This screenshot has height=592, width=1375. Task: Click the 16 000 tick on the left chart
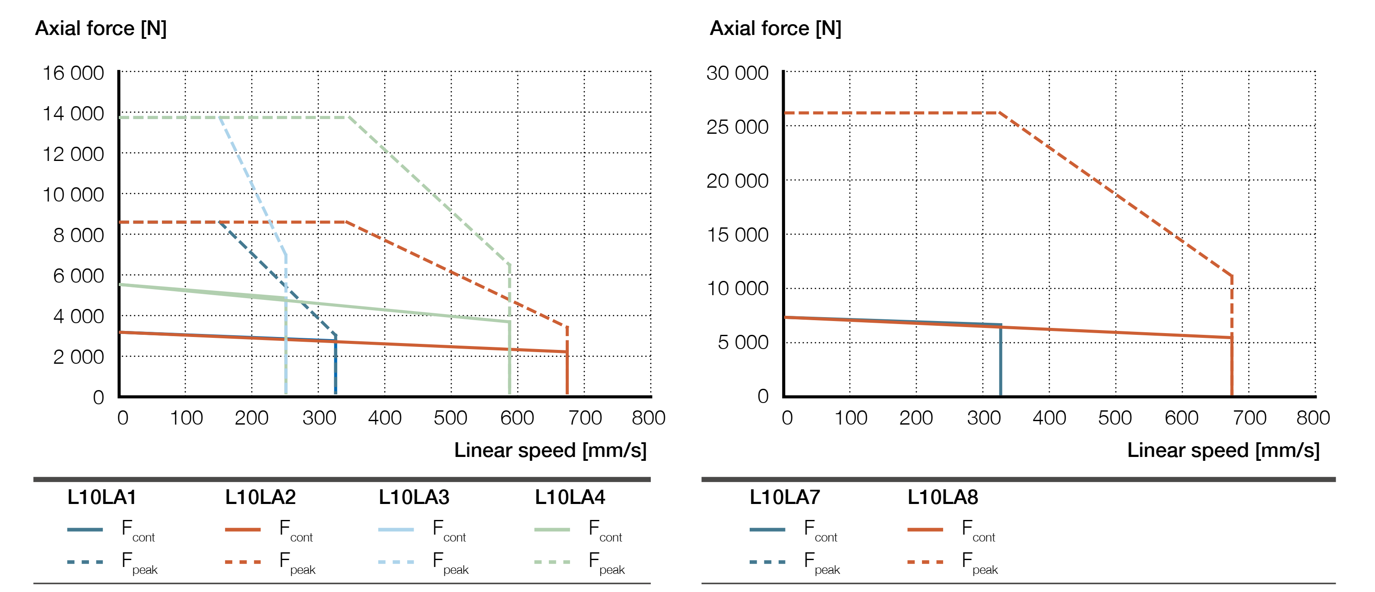point(73,73)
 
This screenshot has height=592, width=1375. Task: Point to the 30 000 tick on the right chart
point(737,73)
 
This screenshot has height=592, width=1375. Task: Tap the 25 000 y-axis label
point(737,127)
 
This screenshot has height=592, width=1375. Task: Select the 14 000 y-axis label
point(73,113)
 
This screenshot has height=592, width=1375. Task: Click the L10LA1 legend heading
point(101,497)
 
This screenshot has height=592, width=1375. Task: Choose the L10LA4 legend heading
point(570,497)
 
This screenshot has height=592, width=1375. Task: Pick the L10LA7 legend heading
point(784,497)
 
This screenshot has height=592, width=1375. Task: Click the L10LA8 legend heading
point(942,497)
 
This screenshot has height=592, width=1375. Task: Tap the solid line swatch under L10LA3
point(396,529)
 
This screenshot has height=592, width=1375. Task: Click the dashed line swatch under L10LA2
point(243,562)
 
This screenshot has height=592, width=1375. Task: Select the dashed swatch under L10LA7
point(767,562)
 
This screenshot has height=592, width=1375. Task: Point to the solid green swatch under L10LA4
point(552,529)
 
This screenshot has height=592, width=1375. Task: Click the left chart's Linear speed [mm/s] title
point(550,450)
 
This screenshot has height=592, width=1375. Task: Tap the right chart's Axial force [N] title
point(775,28)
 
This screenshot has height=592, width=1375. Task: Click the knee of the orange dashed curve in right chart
point(999,113)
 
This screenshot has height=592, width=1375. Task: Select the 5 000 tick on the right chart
point(742,343)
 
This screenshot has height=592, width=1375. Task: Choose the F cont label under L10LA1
point(138,531)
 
